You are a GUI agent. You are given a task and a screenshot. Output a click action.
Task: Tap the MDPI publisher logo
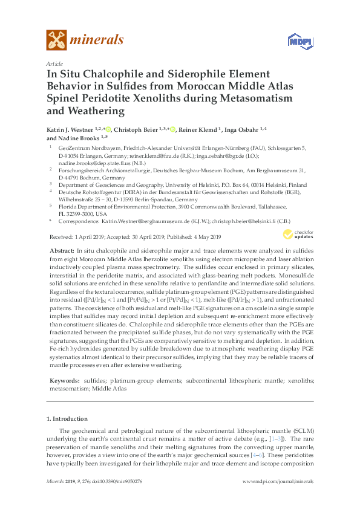296,42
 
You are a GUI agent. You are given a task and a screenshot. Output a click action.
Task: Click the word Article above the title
53,63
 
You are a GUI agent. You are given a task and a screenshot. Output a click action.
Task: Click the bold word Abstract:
62,250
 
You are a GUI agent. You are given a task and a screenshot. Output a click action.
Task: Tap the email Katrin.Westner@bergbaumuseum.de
139,222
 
